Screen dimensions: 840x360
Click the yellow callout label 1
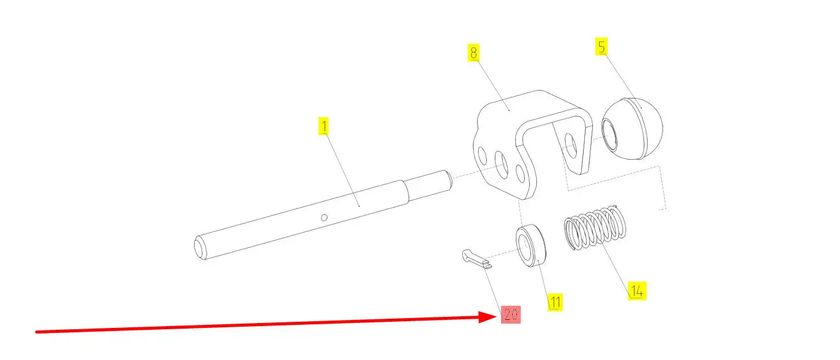pos(324,126)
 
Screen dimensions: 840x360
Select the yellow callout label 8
pos(473,52)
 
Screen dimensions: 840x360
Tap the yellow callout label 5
pos(601,46)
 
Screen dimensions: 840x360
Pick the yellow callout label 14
pos(637,291)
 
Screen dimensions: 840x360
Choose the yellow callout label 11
pos(555,302)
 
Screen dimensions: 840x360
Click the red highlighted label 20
pos(511,314)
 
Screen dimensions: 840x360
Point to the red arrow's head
pos(496,317)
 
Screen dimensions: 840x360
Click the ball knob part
pos(632,129)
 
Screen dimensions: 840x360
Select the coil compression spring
pos(595,227)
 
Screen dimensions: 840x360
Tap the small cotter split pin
pos(477,260)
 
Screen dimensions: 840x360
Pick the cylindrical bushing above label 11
pos(531,245)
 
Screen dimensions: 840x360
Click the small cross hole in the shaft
pos(324,218)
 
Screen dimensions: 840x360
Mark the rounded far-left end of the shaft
pos(200,248)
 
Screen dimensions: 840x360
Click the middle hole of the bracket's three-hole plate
pos(502,164)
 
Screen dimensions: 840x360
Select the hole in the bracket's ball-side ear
pos(571,145)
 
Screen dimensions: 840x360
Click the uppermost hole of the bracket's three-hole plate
pos(483,156)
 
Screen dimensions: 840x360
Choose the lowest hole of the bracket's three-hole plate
pos(521,174)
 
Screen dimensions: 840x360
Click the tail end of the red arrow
pos(36,332)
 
